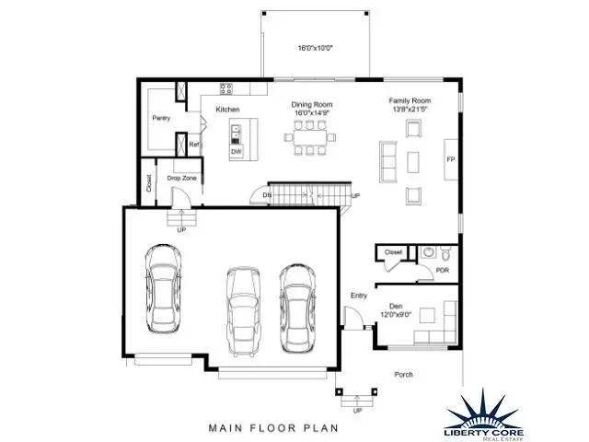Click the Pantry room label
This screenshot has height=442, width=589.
pos(161,118)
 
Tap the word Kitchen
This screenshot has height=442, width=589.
pos(228,110)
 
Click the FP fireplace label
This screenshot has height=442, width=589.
pos(451,159)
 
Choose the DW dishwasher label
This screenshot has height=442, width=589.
pos(236,151)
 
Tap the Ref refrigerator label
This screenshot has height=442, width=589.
pos(194,145)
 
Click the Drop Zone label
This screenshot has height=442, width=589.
pos(181,178)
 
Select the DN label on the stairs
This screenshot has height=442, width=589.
pos(267,196)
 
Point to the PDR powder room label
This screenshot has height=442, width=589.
pos(442,270)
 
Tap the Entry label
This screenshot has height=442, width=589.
pos(359,296)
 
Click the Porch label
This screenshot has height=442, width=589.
pos(403,375)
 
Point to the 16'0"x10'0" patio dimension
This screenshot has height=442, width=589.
pos(314,48)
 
